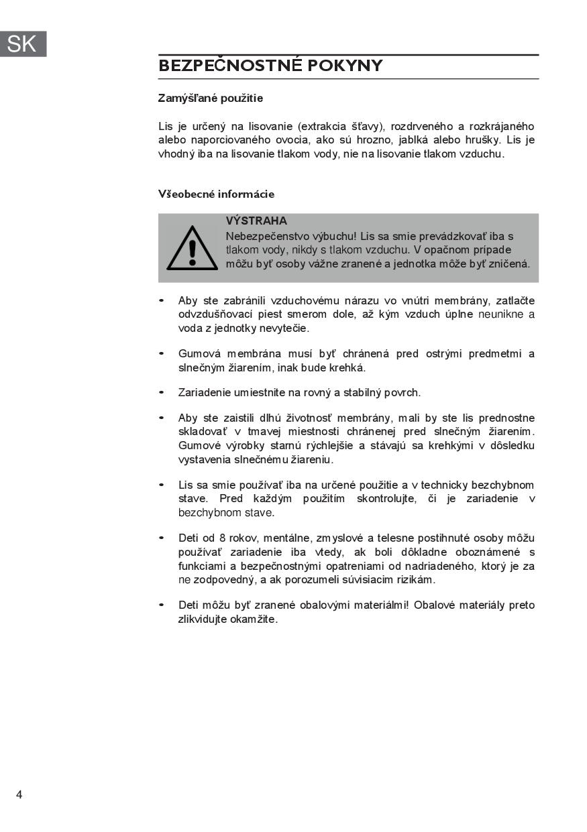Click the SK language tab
click(23, 44)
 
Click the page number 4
click(19, 794)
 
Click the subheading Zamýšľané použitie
click(210, 99)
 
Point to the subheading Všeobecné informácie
click(216, 194)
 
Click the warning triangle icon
click(192, 248)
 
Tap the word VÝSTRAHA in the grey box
click(256, 221)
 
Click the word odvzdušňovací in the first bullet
click(213, 314)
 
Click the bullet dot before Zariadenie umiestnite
click(162, 392)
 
